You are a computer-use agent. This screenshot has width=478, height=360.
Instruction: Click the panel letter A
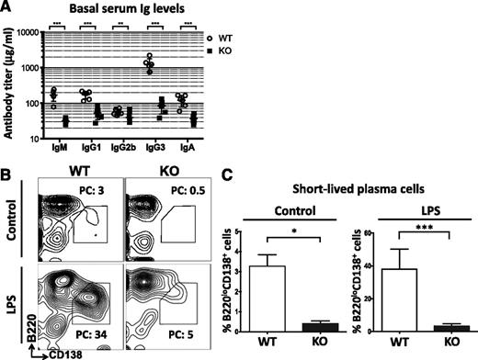click(x=6, y=9)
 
